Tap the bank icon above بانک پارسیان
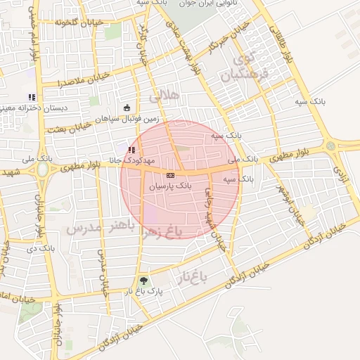point(170,174)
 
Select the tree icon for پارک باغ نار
point(143,281)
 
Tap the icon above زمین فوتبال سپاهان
point(127,108)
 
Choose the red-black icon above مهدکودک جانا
point(132,150)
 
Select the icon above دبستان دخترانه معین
point(31,97)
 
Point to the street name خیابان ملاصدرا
point(84,79)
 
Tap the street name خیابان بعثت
point(68,127)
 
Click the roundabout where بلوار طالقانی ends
point(330,146)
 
